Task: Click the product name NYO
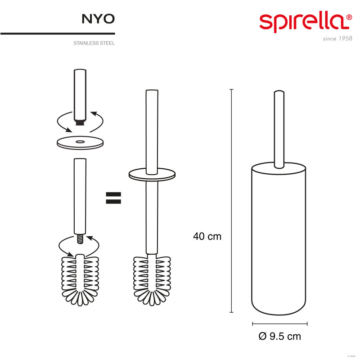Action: (x=98, y=18)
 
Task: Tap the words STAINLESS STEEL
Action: (x=94, y=44)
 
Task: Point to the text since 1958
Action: (x=337, y=39)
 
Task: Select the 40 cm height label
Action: (x=207, y=236)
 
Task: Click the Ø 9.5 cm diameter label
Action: (x=280, y=336)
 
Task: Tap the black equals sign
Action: (x=113, y=198)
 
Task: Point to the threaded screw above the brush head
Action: (x=80, y=238)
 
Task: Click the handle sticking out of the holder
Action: (x=279, y=126)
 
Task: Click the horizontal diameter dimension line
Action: (x=279, y=323)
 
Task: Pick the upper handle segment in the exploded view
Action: (x=80, y=92)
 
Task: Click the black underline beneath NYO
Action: (x=58, y=33)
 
